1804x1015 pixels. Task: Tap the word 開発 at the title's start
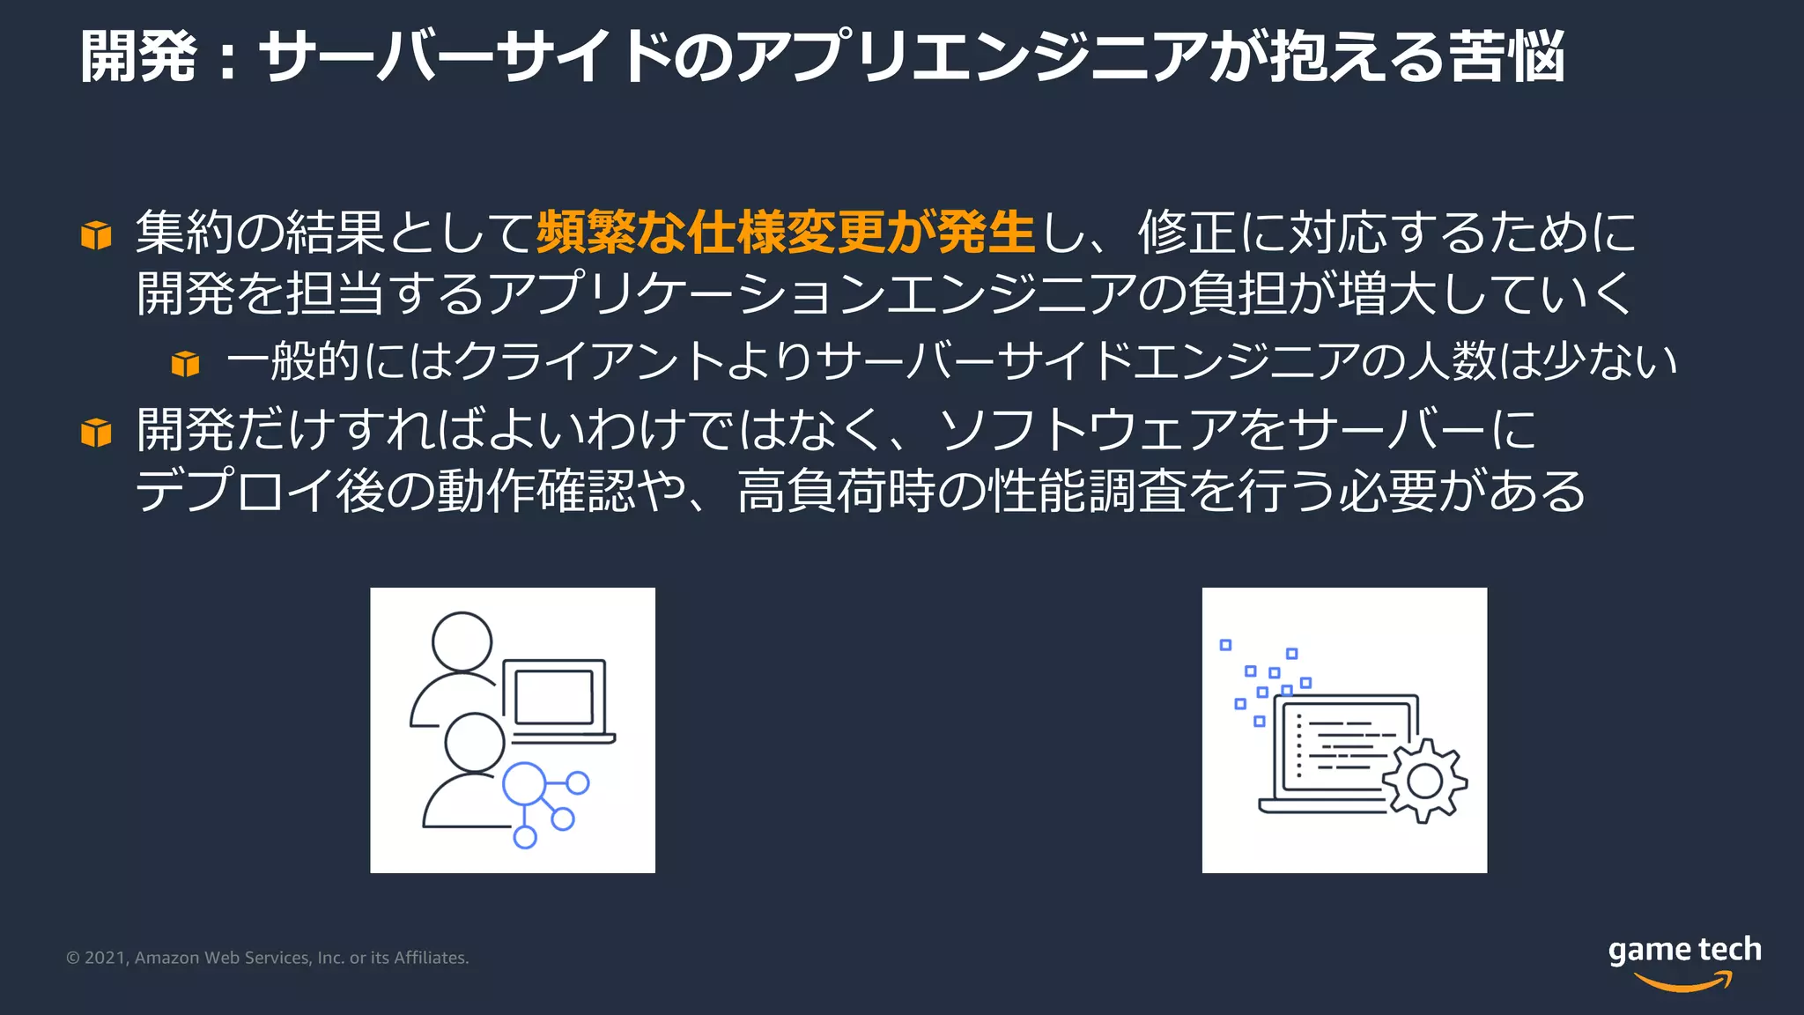(x=138, y=56)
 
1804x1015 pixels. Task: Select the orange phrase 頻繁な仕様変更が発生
(x=785, y=233)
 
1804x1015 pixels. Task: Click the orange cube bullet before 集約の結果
(x=96, y=235)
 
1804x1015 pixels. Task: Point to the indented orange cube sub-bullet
(x=185, y=363)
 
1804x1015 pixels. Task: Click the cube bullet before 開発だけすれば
(x=96, y=433)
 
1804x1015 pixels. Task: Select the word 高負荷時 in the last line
(x=836, y=491)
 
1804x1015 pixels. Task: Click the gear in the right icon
(x=1424, y=781)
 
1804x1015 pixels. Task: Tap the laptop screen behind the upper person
(x=554, y=697)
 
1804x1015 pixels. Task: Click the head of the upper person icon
(x=462, y=641)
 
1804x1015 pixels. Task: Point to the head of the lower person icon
(x=474, y=742)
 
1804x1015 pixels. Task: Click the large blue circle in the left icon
(x=525, y=784)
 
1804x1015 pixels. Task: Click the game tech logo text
(x=1684, y=949)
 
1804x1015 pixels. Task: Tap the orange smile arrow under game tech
(x=1683, y=981)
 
